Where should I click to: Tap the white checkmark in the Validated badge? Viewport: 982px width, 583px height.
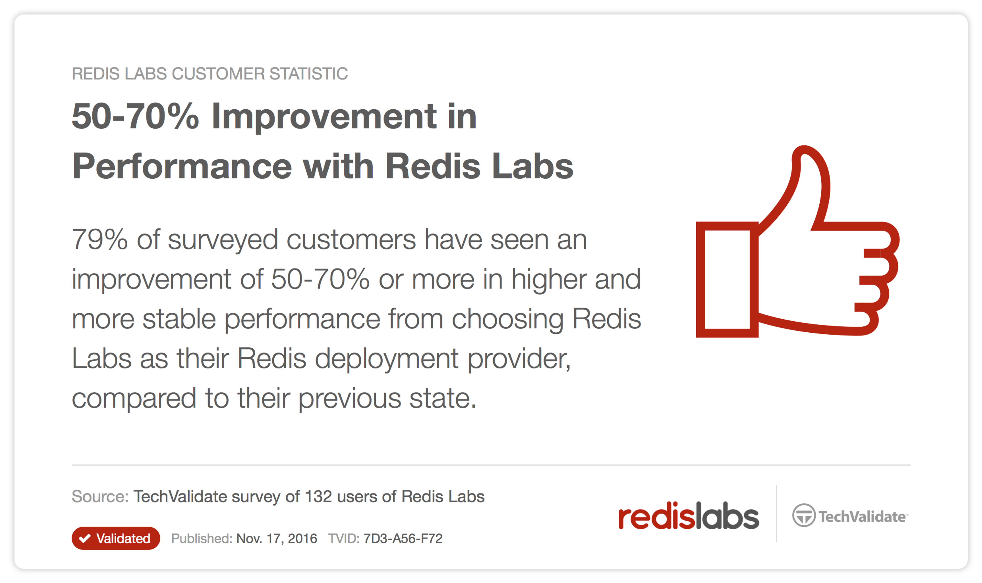(x=85, y=538)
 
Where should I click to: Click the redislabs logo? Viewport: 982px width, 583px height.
(x=688, y=516)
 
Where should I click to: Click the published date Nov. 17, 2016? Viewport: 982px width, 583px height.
(x=276, y=538)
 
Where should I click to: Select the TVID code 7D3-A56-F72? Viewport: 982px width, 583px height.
(x=403, y=538)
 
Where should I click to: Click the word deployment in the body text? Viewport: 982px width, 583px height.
(x=386, y=359)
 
